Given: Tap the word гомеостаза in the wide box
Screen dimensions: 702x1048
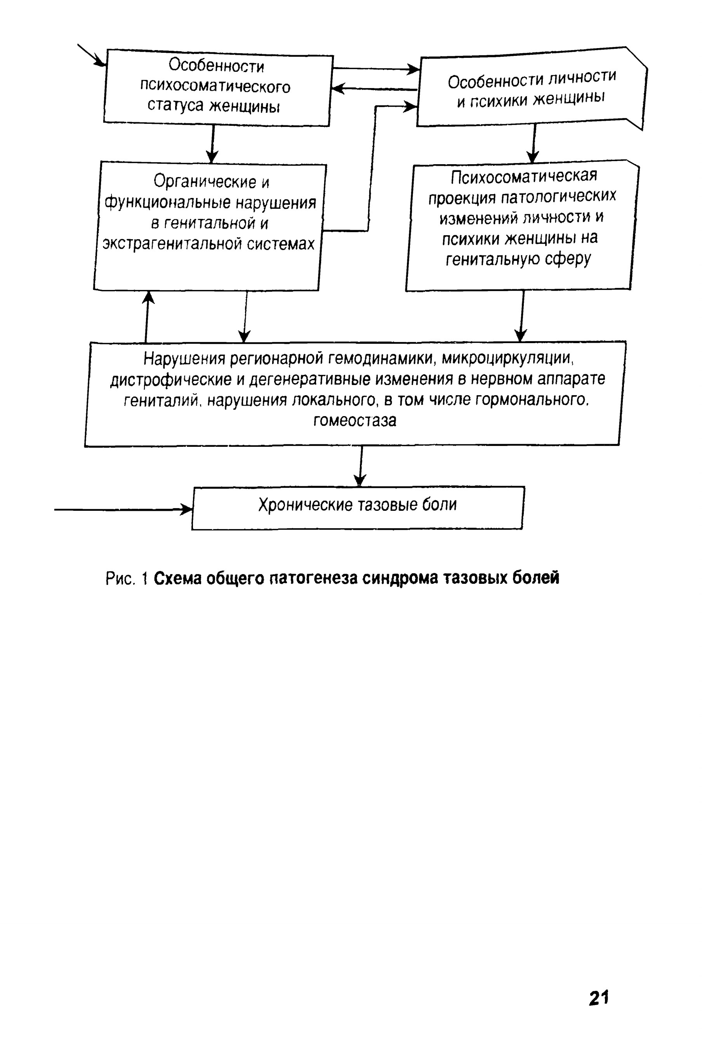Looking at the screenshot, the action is (354, 421).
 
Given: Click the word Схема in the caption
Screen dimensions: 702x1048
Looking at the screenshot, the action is (175, 578).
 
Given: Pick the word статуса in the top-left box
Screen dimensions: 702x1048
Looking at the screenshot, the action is (175, 106).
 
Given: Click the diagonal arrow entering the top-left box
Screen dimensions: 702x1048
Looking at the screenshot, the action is (92, 56).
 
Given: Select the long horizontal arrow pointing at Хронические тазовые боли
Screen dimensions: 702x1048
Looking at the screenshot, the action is (123, 509).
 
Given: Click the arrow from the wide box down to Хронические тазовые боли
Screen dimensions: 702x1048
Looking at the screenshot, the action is (360, 466).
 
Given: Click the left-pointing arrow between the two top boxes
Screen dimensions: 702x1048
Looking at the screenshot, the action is (374, 88).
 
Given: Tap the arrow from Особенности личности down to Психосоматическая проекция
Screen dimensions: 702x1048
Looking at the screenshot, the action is (533, 143).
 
